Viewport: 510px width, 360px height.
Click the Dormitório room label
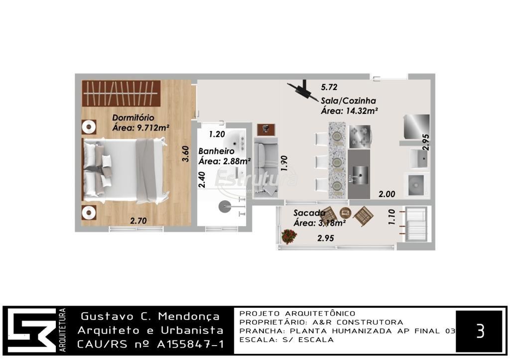click(133, 118)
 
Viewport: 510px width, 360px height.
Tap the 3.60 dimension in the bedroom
click(185, 153)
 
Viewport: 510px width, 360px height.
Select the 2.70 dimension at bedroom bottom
click(138, 221)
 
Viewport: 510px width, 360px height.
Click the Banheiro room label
click(216, 151)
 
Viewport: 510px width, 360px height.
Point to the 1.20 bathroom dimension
click(217, 134)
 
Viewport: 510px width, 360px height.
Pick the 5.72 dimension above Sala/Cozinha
click(329, 87)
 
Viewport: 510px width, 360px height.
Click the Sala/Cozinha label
click(348, 101)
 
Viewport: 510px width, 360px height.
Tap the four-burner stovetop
click(360, 136)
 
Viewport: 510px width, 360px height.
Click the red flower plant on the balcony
click(289, 237)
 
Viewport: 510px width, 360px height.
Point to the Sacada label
click(309, 213)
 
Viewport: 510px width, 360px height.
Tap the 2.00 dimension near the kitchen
click(386, 194)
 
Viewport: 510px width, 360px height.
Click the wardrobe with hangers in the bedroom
click(121, 93)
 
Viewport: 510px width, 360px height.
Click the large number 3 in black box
click(480, 331)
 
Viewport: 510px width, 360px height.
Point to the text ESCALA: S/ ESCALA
click(286, 340)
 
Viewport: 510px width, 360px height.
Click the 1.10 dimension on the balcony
click(391, 217)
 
